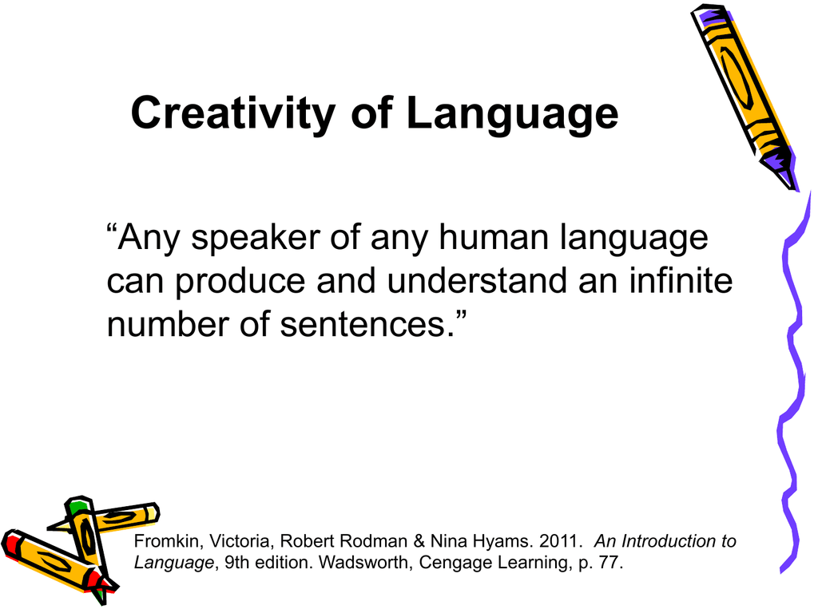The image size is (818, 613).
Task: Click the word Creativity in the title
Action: [x=232, y=113]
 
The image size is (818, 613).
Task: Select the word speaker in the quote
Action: [x=256, y=238]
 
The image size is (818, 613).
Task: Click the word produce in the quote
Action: [x=240, y=282]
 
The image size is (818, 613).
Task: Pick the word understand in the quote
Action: [x=477, y=280]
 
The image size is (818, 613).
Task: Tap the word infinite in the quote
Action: [x=681, y=280]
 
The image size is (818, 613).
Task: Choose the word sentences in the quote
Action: [x=363, y=324]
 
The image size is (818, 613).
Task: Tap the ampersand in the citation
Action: [x=419, y=541]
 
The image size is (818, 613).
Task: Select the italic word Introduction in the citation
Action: [x=669, y=541]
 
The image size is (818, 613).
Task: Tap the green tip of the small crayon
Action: [x=76, y=505]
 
